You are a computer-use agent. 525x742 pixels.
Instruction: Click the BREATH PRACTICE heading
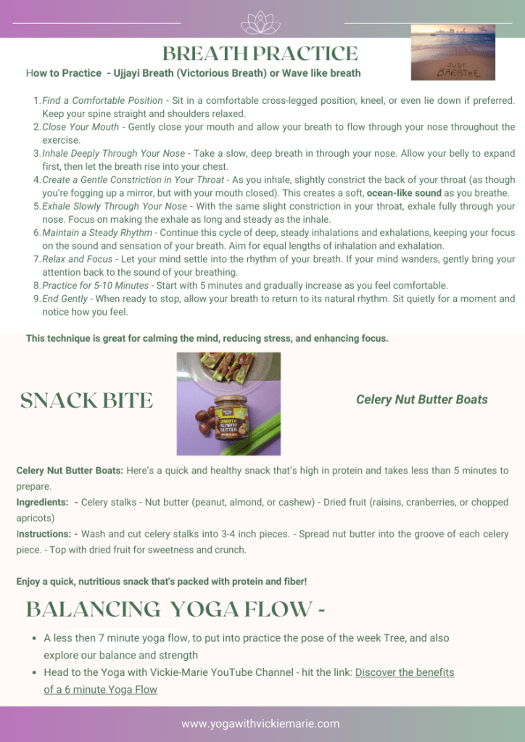click(x=260, y=54)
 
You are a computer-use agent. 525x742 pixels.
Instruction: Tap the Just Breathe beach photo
click(x=452, y=52)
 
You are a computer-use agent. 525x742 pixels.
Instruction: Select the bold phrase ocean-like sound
click(x=404, y=193)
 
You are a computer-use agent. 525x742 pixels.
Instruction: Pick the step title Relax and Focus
click(x=78, y=259)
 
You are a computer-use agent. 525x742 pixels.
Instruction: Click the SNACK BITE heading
click(x=86, y=400)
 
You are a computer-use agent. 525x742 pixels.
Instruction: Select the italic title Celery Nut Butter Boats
click(x=421, y=400)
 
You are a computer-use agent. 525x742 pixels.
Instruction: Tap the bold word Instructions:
click(x=44, y=535)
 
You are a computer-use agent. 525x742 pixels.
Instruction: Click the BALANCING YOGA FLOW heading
click(x=175, y=609)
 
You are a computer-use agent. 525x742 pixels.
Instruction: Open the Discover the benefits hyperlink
click(x=404, y=672)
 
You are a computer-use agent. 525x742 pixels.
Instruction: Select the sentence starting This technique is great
click(x=207, y=338)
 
